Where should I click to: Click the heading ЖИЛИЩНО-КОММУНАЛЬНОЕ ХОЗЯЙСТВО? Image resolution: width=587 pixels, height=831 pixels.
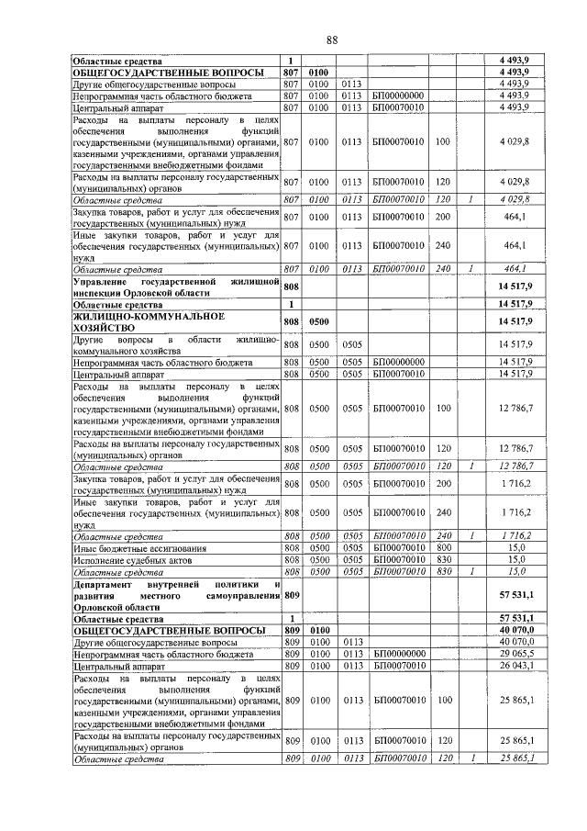149,321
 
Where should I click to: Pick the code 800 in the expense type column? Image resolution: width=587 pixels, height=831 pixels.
443,547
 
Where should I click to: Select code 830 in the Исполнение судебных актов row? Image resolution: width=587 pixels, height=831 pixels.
443,558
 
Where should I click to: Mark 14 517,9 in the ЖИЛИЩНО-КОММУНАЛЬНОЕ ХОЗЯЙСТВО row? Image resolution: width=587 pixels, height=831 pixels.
516,322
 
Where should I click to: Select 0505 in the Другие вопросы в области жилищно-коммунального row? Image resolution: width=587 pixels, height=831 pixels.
353,344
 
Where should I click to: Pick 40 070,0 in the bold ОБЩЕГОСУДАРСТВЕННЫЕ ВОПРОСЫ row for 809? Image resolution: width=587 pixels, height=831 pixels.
516,630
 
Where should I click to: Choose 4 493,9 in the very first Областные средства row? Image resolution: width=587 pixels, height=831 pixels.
516,60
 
